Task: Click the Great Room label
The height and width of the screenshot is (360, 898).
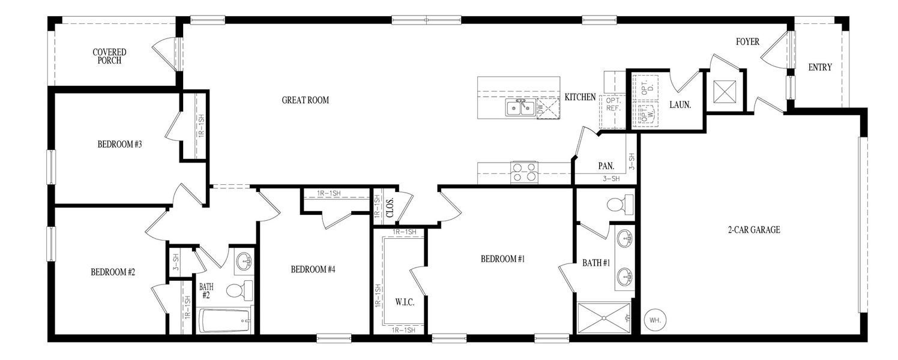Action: pyautogui.click(x=305, y=100)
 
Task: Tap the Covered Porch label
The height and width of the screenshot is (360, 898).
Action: pyautogui.click(x=109, y=56)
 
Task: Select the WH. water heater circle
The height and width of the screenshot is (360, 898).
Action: pyautogui.click(x=654, y=320)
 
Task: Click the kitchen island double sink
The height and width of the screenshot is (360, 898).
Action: pyautogui.click(x=520, y=108)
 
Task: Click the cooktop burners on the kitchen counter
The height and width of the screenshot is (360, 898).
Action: pyautogui.click(x=523, y=172)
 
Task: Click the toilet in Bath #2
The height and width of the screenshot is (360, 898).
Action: pyautogui.click(x=238, y=290)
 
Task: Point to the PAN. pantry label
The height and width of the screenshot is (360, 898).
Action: pyautogui.click(x=605, y=166)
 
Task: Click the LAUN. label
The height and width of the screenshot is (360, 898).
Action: pyautogui.click(x=680, y=104)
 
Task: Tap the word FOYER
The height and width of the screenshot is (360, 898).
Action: pyautogui.click(x=747, y=42)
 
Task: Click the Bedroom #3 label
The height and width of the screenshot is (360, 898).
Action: pyautogui.click(x=119, y=144)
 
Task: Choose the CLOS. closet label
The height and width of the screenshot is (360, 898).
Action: pyautogui.click(x=389, y=207)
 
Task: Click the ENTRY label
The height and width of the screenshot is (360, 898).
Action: pyautogui.click(x=820, y=67)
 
